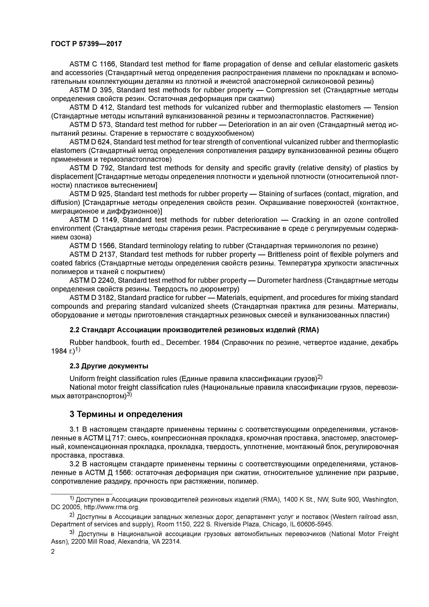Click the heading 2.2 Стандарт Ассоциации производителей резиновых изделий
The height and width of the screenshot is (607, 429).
194,330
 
